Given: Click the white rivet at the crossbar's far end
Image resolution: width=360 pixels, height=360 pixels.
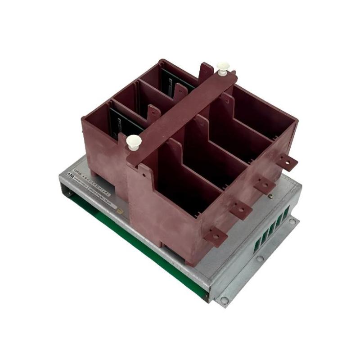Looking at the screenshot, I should tap(223, 68).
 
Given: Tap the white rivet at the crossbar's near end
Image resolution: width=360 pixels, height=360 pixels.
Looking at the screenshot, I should tap(134, 142).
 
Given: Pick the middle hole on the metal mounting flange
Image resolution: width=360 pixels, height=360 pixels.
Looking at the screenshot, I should tap(260, 259).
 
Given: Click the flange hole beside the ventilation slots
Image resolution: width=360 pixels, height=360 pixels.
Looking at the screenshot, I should tap(292, 221).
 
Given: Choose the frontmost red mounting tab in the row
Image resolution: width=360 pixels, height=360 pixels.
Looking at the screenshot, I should tap(215, 235).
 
